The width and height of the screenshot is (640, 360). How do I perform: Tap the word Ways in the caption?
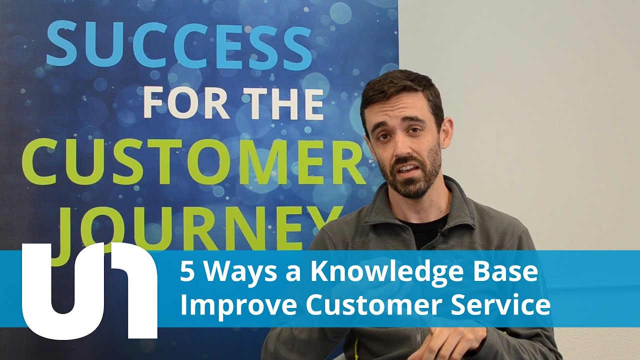click(x=229, y=272)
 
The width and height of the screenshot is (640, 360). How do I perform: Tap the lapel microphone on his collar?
click(x=441, y=232)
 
